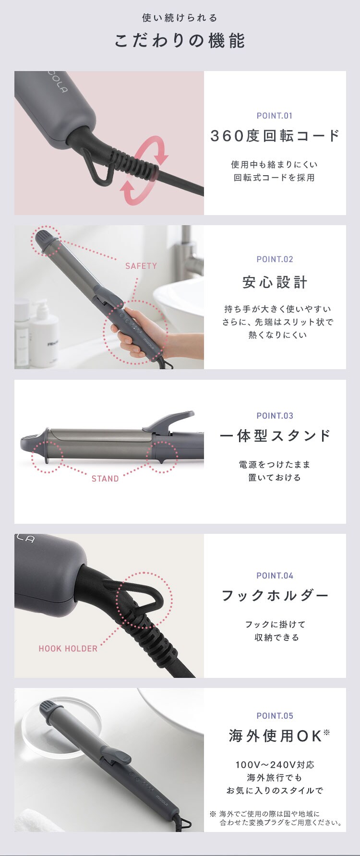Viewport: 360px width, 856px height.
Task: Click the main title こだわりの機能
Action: click(x=180, y=41)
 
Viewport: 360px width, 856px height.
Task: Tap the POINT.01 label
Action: click(x=275, y=116)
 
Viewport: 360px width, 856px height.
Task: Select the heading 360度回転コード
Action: click(x=275, y=136)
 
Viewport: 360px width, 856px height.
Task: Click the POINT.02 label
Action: click(x=275, y=259)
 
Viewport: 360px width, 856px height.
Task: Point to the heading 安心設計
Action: click(x=275, y=282)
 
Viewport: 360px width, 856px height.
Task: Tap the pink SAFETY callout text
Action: click(x=141, y=266)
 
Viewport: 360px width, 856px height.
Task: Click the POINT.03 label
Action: click(x=275, y=416)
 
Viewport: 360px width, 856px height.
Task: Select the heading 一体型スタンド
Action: click(x=275, y=436)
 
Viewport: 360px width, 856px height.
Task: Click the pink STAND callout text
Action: click(x=105, y=479)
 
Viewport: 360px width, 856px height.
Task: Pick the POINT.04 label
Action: click(x=275, y=576)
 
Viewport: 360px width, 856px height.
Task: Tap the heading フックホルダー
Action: click(x=275, y=596)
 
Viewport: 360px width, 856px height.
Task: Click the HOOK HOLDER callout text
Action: click(x=68, y=649)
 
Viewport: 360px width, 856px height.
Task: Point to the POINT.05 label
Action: click(x=275, y=716)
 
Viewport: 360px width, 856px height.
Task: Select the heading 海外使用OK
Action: click(x=275, y=736)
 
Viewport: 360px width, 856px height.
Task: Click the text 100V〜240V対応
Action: click(x=275, y=765)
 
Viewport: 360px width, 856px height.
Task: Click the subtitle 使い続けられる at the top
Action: click(x=180, y=18)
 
